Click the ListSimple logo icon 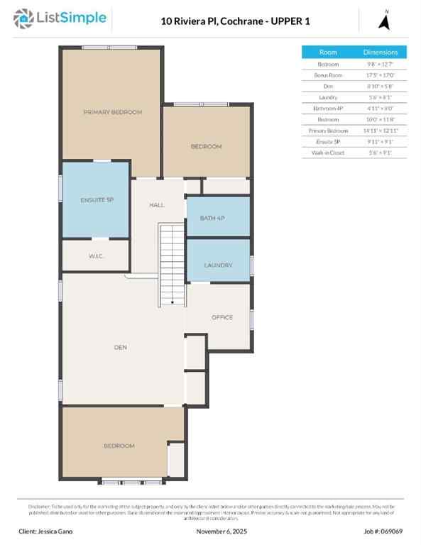point(25,19)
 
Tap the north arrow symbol point(386,21)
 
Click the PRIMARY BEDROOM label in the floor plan point(113,112)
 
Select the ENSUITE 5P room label point(97,199)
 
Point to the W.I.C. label point(97,255)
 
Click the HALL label point(157,205)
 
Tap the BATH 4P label point(212,217)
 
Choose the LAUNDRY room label point(218,265)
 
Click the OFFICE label point(222,317)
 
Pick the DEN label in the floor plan point(120,347)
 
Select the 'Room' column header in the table point(328,53)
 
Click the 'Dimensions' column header point(386,53)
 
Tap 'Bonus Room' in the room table point(328,75)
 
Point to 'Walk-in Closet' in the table point(328,153)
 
